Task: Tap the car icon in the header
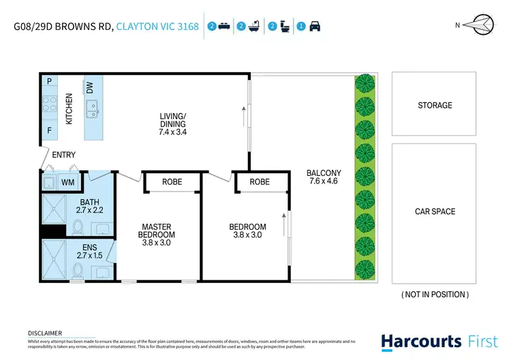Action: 315,27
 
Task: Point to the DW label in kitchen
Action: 90,88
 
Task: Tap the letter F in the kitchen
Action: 50,129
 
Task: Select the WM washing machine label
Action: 67,182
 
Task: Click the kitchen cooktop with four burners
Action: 50,104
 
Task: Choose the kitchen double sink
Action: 91,106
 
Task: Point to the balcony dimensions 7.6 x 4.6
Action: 324,182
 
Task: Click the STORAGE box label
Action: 434,106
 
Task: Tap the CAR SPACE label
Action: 434,212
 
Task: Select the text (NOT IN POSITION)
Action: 434,295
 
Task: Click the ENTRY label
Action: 63,155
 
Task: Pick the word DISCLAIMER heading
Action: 44,333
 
